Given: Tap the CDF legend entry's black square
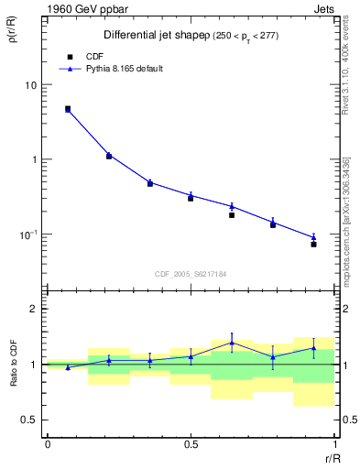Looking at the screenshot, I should coord(68,56).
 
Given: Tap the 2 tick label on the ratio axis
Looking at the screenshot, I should coord(34,309).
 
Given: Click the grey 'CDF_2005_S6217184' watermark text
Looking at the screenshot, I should coord(191,273).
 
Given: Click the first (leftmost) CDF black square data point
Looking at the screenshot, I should coord(68,108).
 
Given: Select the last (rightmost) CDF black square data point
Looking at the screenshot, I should coord(313,245).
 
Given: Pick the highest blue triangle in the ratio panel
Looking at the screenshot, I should coord(232,343).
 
